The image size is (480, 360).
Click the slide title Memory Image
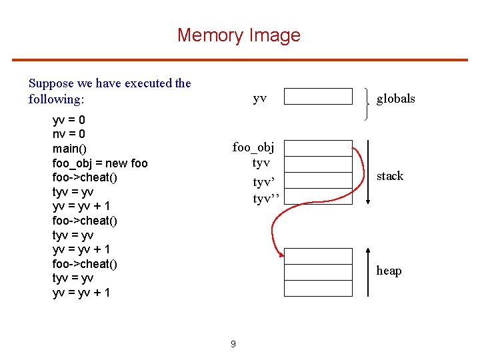(x=239, y=35)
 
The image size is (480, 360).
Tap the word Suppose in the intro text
(x=52, y=83)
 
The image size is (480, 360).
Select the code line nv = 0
(x=69, y=135)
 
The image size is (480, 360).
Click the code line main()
(x=70, y=149)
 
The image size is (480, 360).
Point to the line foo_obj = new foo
(x=100, y=163)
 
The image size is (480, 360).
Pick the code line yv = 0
(x=69, y=121)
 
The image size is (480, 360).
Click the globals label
(x=395, y=99)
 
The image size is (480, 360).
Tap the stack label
(x=390, y=176)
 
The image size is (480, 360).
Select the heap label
(x=389, y=271)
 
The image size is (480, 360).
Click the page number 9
(x=233, y=344)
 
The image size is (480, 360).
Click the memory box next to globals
(x=318, y=97)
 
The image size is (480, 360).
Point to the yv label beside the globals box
(x=260, y=98)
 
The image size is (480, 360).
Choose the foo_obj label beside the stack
(x=253, y=147)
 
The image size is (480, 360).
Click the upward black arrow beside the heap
(x=368, y=271)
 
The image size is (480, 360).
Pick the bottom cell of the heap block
(x=318, y=288)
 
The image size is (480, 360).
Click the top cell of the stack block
(x=318, y=148)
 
